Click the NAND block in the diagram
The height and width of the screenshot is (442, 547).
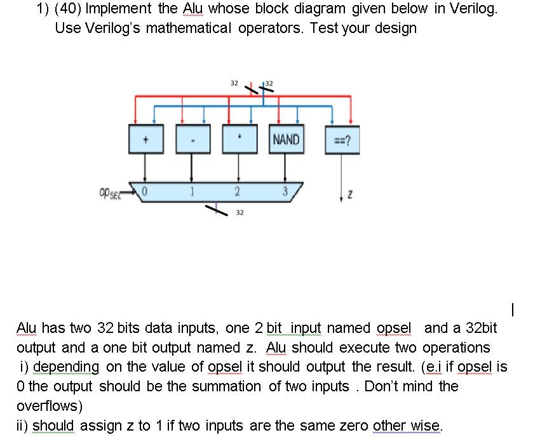[x=286, y=139]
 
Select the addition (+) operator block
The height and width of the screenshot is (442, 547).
[x=145, y=140]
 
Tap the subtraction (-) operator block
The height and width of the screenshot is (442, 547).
[x=192, y=140]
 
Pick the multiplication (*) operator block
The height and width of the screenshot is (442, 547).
[x=239, y=140]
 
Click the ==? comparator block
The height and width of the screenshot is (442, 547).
[x=342, y=141]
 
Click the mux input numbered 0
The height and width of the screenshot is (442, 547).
[x=145, y=191]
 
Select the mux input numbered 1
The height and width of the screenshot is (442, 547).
[x=191, y=191]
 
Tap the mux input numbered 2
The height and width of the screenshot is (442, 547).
[x=236, y=192]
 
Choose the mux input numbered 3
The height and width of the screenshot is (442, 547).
[x=285, y=192]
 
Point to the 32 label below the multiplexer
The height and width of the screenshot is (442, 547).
[x=239, y=213]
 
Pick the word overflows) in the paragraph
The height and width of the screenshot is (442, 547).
[x=49, y=405]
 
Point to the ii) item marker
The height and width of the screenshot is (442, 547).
[x=22, y=424]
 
